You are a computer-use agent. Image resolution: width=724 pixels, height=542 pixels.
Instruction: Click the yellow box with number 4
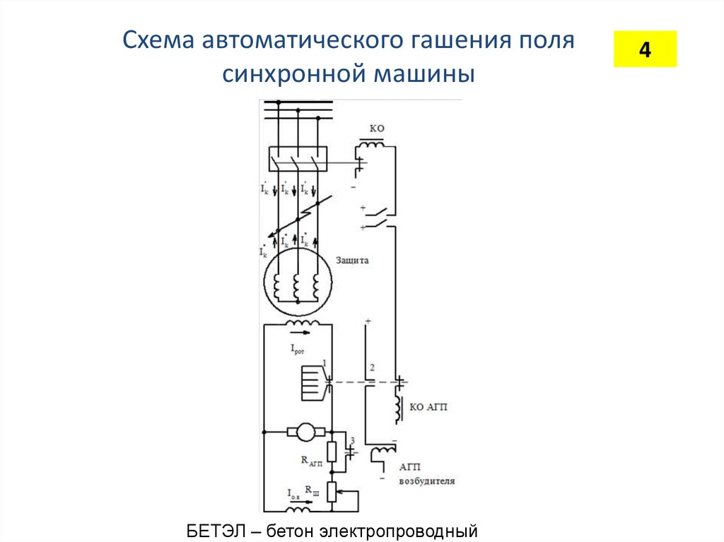pyautogui.click(x=644, y=49)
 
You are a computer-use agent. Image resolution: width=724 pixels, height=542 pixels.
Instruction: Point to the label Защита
pyautogui.click(x=351, y=260)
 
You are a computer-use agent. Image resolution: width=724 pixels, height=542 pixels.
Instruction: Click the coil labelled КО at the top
pyautogui.click(x=372, y=144)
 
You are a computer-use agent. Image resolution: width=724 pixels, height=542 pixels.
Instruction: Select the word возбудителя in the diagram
pyautogui.click(x=426, y=481)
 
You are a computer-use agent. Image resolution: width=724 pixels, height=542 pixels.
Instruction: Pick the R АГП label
pyautogui.click(x=311, y=461)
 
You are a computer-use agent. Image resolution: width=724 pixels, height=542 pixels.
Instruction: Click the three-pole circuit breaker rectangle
pyautogui.click(x=297, y=159)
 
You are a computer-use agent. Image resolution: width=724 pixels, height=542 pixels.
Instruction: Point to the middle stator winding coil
pyautogui.click(x=298, y=288)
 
